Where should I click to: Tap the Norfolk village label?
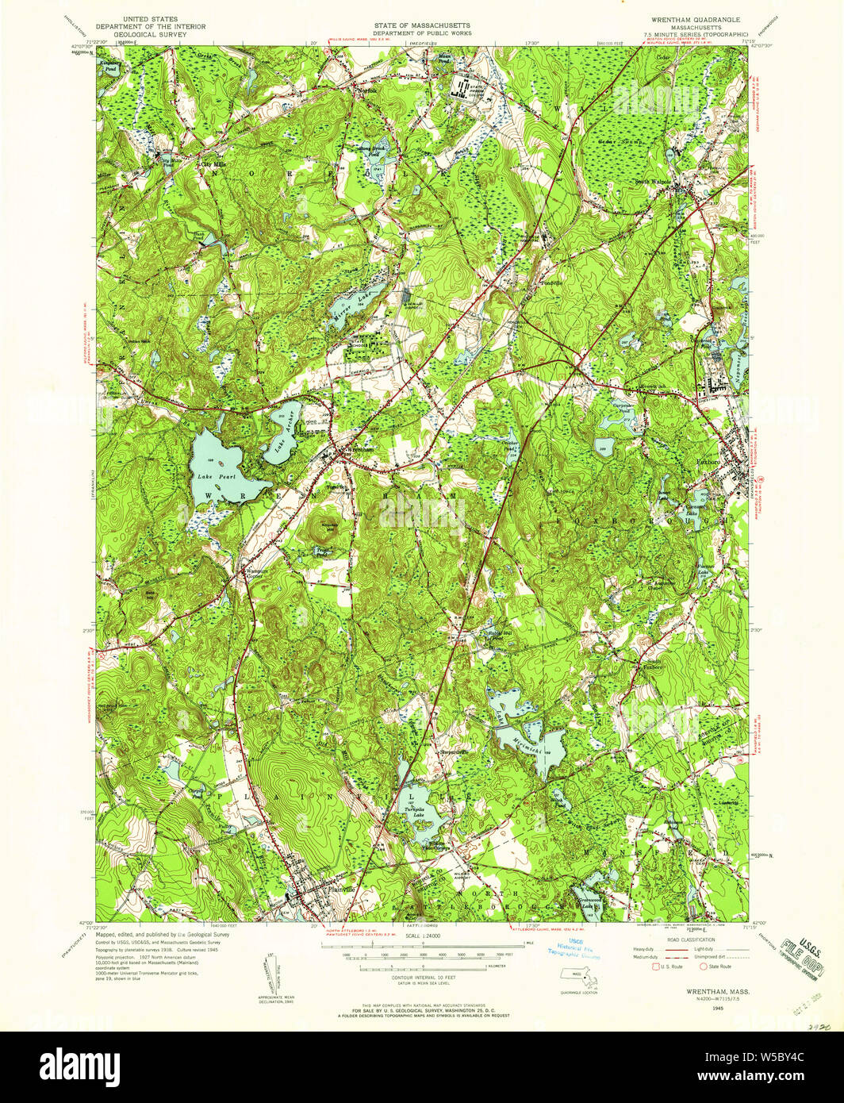pyautogui.click(x=366, y=90)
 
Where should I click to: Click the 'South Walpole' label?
pyautogui.click(x=652, y=181)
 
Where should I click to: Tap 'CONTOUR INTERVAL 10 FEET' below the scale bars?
pyautogui.click(x=421, y=977)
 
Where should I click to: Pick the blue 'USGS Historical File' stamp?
pyautogui.click(x=577, y=949)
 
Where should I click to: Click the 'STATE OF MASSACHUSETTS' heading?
pyautogui.click(x=421, y=27)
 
